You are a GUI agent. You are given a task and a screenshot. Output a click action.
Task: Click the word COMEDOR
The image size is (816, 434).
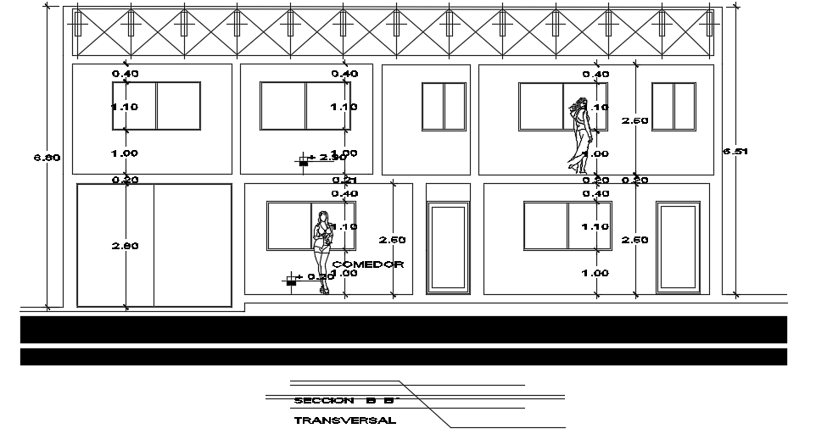point(368,264)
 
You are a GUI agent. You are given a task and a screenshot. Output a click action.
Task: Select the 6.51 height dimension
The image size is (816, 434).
point(735,151)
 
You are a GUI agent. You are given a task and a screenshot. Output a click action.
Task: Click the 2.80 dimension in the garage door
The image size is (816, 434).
point(126,246)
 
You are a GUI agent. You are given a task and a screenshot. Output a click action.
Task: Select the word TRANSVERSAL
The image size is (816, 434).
point(344,420)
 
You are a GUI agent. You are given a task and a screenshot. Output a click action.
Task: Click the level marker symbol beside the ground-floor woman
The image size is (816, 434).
point(293,278)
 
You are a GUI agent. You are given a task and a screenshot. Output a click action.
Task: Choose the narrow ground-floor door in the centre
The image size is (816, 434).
point(447,247)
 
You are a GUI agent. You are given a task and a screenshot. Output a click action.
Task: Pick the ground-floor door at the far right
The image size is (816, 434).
point(678,247)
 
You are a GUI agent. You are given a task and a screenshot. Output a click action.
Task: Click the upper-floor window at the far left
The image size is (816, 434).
point(156,106)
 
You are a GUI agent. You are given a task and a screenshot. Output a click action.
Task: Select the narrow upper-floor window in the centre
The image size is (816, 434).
point(444,107)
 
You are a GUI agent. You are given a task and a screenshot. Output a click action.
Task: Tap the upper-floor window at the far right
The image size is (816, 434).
point(673,107)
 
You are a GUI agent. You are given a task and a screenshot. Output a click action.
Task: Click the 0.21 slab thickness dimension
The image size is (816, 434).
point(344,181)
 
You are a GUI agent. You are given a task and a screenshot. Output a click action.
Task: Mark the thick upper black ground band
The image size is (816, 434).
point(403,330)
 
